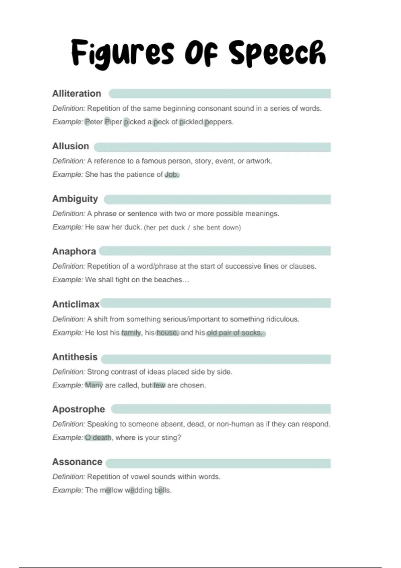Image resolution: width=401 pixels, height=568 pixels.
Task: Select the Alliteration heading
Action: coord(77,94)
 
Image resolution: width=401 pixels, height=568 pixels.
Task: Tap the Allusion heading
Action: coord(71,146)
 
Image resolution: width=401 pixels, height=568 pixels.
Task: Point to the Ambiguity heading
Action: coord(75,199)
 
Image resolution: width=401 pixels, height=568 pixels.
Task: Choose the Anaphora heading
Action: coord(74,251)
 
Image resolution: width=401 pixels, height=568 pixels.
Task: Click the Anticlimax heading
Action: coord(76,304)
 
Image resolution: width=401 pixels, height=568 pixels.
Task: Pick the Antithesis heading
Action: coord(75,357)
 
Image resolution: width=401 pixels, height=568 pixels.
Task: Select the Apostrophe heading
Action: coord(79,409)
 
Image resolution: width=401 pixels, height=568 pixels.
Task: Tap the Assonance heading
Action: coord(77,462)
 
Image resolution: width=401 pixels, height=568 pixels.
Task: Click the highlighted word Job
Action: coord(172,174)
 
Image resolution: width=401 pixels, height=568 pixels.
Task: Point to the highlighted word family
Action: coord(131,333)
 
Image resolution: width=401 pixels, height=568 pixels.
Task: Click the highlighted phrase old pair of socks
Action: coord(235,333)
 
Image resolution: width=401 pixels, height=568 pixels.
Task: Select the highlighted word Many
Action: coord(94,385)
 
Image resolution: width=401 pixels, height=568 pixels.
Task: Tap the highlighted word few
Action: coord(159,385)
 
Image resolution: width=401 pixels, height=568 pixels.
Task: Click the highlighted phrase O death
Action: coord(98,438)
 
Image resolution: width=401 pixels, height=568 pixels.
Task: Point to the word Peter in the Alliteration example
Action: coord(94,122)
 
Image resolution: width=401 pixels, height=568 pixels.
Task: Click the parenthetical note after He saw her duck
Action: coord(192,228)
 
